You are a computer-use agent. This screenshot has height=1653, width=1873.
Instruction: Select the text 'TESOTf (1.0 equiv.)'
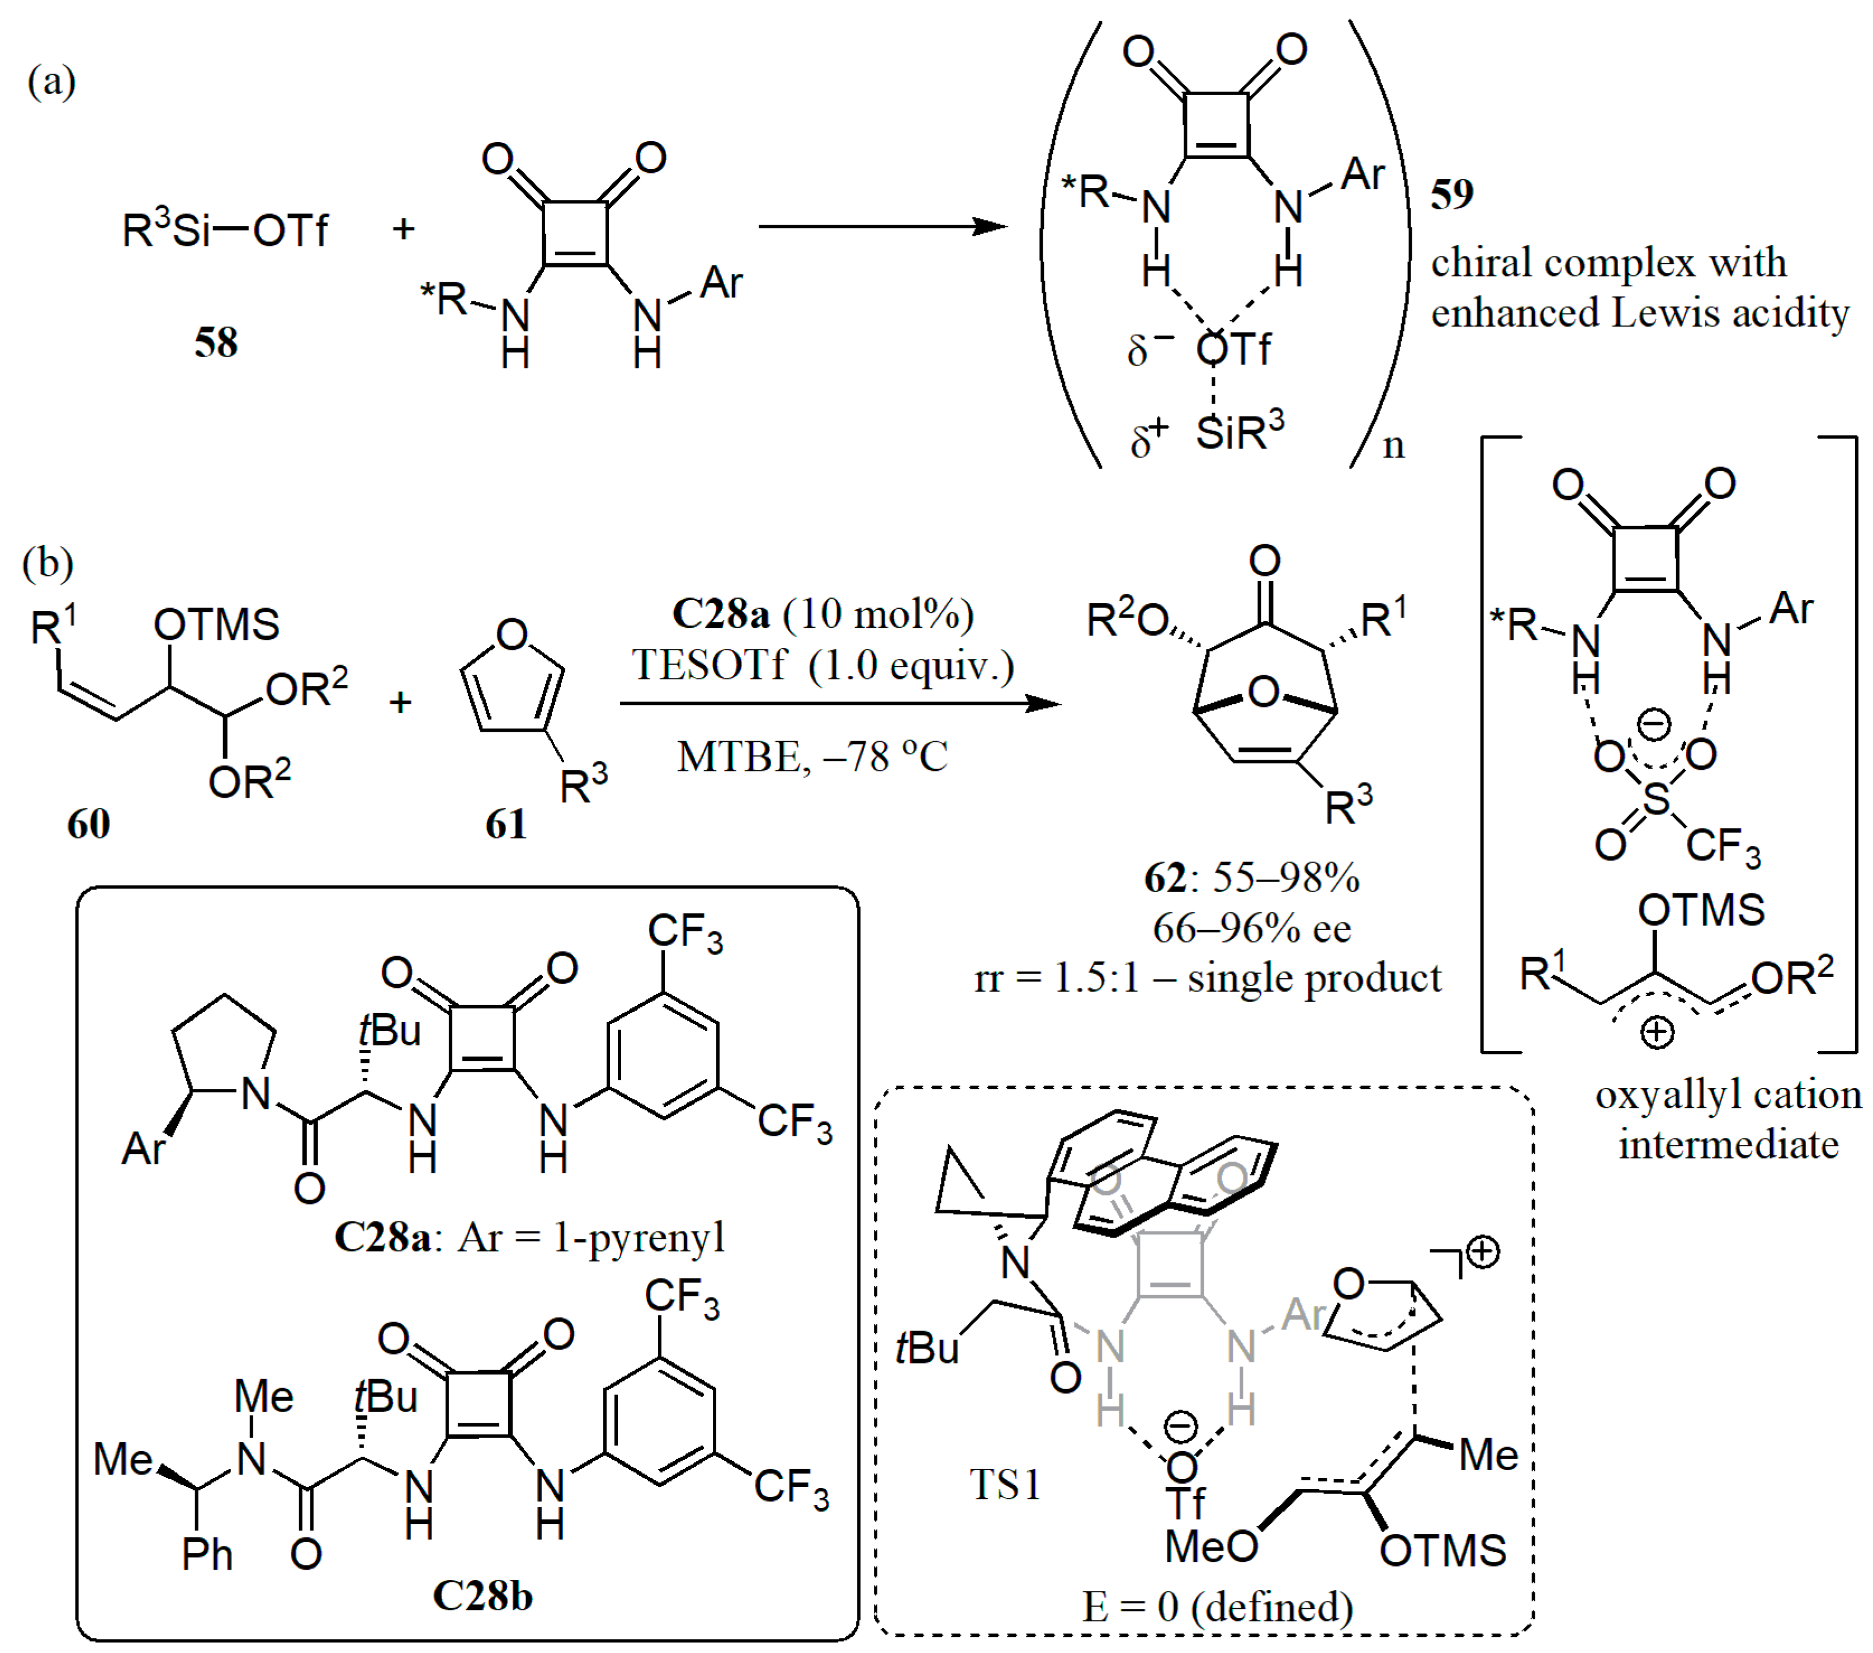822,665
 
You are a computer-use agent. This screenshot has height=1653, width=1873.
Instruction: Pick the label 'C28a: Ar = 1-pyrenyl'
529,1238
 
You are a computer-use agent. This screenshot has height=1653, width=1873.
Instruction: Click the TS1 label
1005,1484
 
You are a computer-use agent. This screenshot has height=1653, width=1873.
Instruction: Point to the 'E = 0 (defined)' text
1218,1606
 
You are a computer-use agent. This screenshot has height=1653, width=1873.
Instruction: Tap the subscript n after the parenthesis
1393,446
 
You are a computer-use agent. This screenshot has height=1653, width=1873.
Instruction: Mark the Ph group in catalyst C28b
207,1554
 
